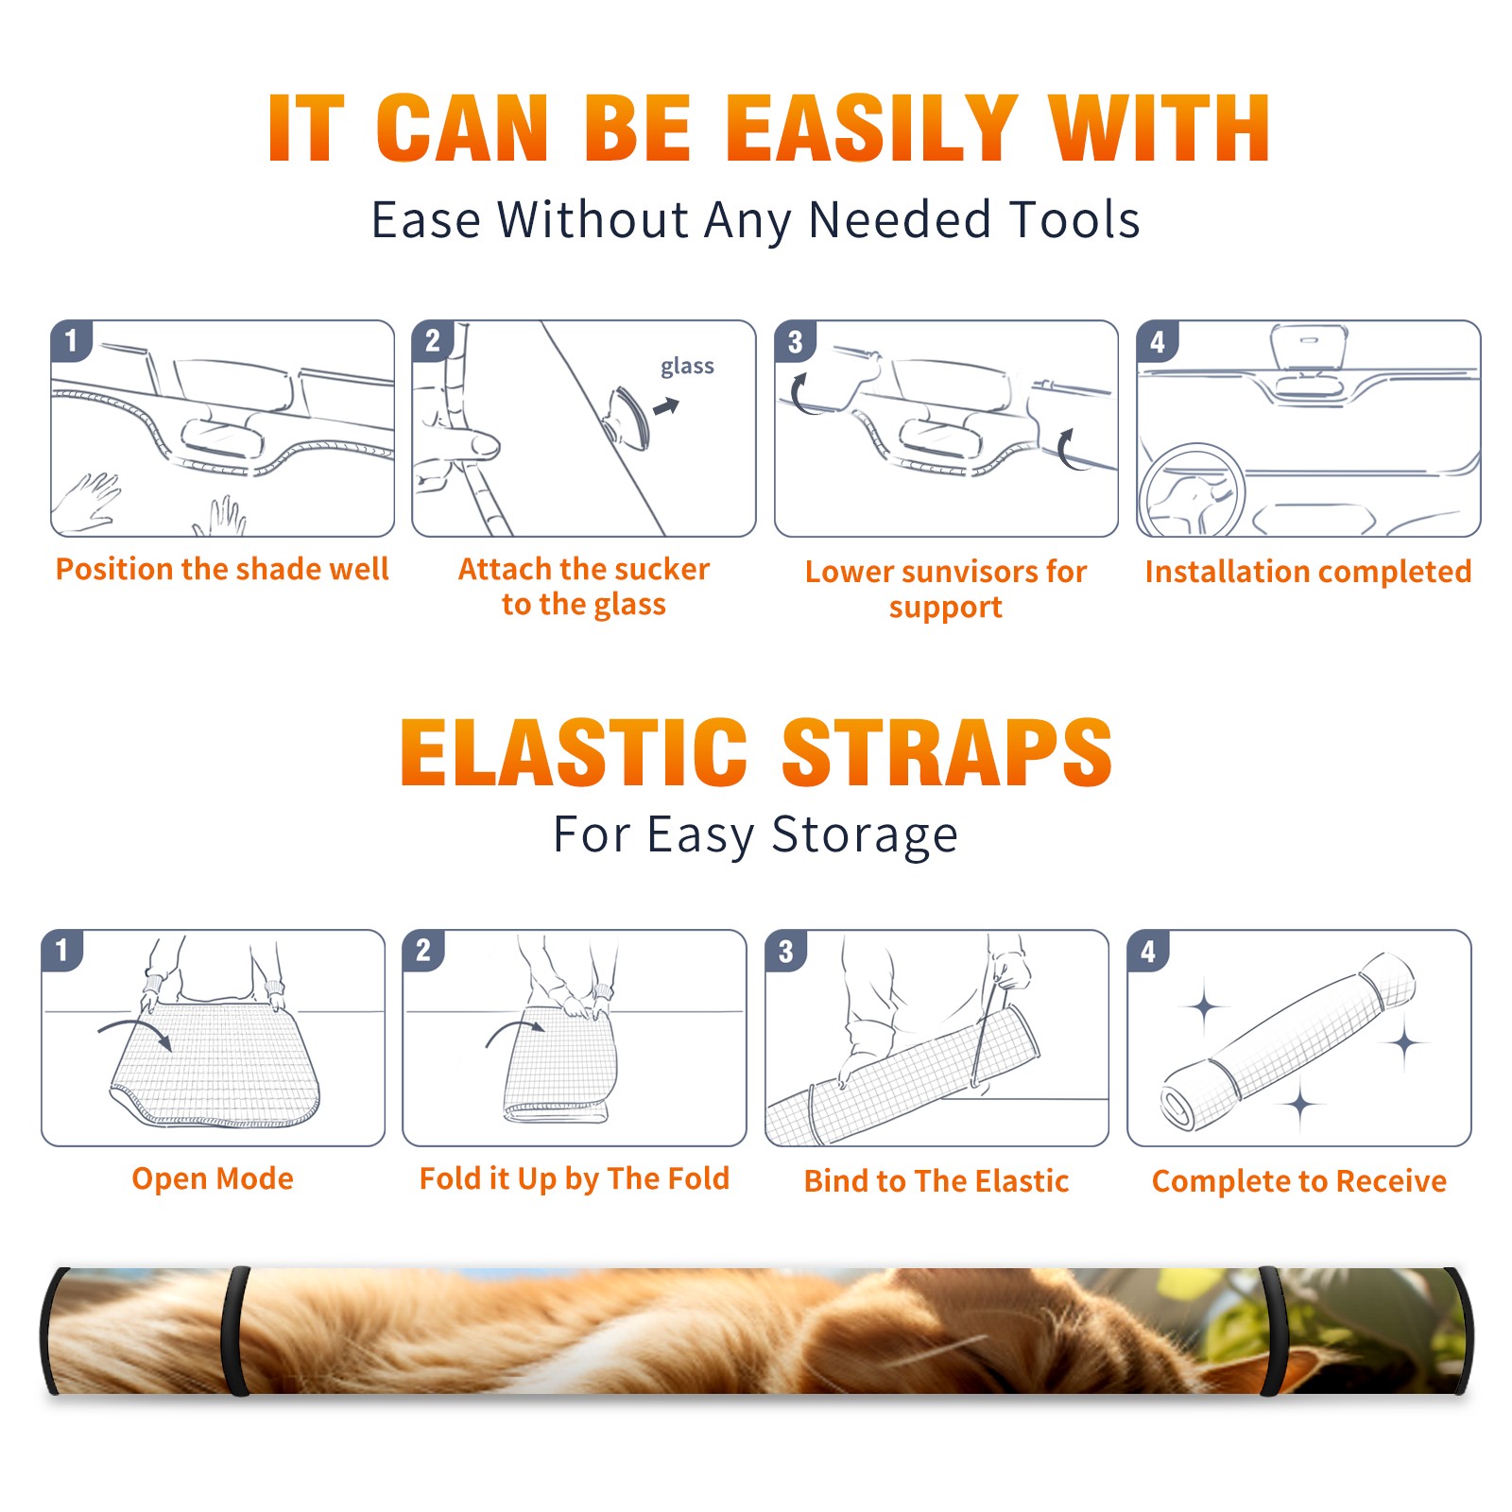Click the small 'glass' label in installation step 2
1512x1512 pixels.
click(687, 367)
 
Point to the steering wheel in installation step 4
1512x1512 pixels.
click(1193, 490)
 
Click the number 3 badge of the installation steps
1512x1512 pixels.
click(795, 341)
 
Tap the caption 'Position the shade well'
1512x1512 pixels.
click(222, 569)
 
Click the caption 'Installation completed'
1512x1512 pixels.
click(1308, 572)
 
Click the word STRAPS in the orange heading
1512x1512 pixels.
click(948, 752)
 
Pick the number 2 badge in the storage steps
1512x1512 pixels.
click(422, 951)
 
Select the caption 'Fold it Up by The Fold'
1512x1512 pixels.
click(575, 1178)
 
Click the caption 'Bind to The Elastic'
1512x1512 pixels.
click(936, 1181)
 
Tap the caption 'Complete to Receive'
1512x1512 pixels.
click(1299, 1181)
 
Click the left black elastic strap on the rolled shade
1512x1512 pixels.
click(235, 1332)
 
